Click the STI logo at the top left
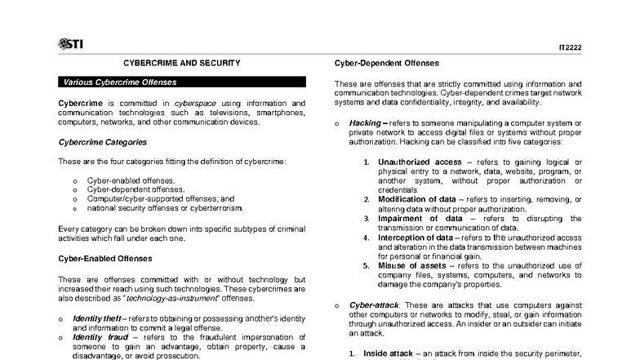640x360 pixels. (x=71, y=43)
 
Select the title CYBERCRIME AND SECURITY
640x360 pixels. (x=181, y=62)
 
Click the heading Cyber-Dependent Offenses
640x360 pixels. (x=387, y=63)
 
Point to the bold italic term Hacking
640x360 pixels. (x=365, y=122)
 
